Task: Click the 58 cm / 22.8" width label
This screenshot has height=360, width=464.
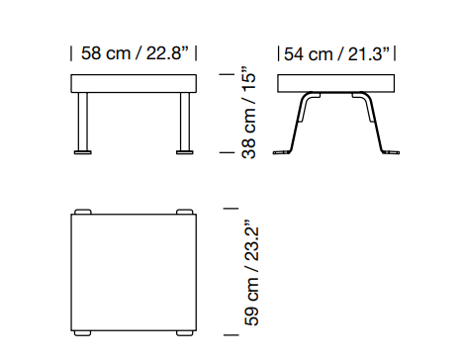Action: click(x=135, y=53)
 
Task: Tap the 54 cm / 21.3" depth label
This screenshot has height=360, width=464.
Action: click(x=336, y=53)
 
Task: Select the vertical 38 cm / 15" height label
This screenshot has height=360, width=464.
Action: click(x=249, y=113)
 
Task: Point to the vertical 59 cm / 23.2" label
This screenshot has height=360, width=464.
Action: click(x=251, y=272)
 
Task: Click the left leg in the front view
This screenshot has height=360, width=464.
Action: click(x=83, y=122)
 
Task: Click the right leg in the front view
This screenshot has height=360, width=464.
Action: click(x=185, y=122)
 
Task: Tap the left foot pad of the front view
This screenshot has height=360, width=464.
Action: click(x=83, y=152)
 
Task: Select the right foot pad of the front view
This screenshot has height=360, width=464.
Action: click(x=185, y=152)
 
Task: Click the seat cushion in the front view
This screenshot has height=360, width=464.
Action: click(x=134, y=83)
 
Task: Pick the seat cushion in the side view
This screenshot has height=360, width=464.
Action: click(x=336, y=83)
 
